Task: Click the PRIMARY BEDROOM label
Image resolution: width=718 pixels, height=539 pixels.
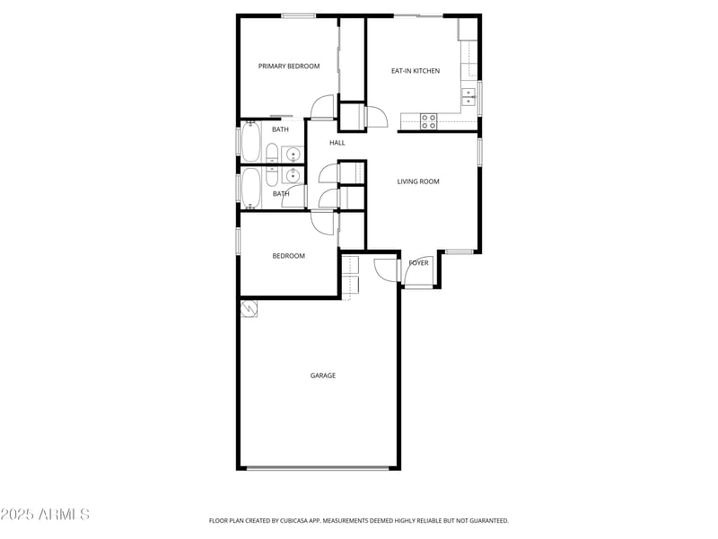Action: pos(289,66)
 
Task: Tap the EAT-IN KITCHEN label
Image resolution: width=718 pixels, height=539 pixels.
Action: pos(416,70)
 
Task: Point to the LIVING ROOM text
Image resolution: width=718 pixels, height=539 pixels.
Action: pos(418,181)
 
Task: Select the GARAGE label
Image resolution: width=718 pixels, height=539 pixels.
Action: pos(323,376)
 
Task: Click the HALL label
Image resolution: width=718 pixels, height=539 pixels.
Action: pos(337,143)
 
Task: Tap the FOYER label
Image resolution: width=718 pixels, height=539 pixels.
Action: pos(418,263)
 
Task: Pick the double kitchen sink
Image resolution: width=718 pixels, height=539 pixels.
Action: pos(469,95)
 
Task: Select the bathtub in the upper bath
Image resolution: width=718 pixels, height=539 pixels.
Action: pos(250,141)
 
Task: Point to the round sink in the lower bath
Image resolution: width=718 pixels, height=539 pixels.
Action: pos(292,176)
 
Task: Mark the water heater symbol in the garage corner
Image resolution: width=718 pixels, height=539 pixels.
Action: pos(249,308)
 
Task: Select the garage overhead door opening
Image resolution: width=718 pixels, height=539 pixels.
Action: pos(319,468)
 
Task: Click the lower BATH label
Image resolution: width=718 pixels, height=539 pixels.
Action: pos(281,193)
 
